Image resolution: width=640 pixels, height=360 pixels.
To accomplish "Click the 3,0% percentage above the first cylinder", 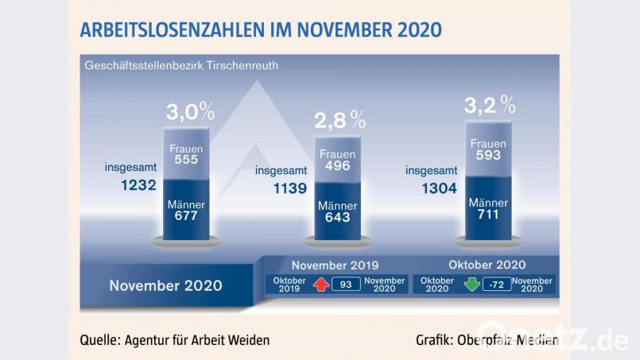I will (189, 111).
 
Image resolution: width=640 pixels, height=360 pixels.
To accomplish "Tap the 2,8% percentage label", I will (339, 120).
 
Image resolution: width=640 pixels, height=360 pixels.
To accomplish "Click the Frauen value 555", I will (187, 159).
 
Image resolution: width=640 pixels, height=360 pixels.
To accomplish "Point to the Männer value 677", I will (187, 215).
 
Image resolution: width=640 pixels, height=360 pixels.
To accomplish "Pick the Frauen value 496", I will (338, 166).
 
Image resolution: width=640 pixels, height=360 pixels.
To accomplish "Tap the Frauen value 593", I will (488, 155).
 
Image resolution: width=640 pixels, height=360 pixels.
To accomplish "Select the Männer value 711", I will (488, 215).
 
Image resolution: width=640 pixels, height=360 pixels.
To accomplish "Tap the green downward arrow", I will (472, 285).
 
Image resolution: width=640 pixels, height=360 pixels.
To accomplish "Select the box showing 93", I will (346, 285).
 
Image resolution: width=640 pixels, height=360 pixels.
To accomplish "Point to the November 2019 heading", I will (335, 265).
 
